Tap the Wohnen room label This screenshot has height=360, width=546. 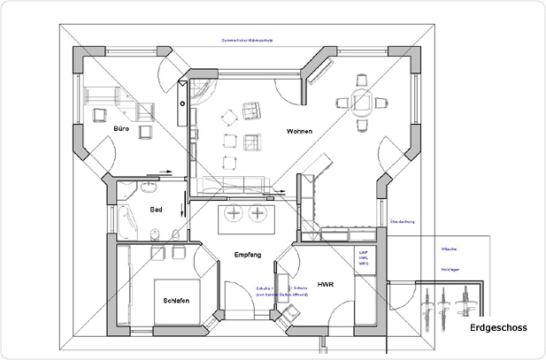[300, 131]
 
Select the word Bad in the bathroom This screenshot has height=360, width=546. [156, 210]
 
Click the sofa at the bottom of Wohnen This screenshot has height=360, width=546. [235, 184]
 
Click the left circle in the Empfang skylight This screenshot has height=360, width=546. [235, 214]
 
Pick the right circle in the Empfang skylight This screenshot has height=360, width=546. [258, 214]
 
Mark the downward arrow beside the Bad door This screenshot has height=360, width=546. [183, 211]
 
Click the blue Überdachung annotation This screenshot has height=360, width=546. [403, 222]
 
